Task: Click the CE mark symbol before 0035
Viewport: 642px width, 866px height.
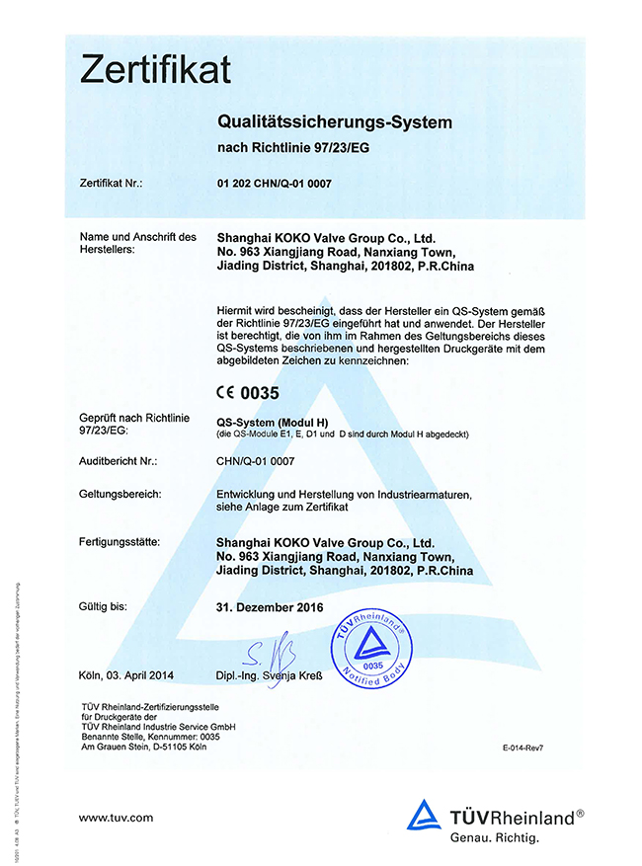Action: [x=226, y=392]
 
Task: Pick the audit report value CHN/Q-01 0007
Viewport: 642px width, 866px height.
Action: [x=255, y=461]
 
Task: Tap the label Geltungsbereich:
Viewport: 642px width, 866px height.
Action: [x=119, y=494]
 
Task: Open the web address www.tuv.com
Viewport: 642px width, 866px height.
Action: [x=116, y=818]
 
